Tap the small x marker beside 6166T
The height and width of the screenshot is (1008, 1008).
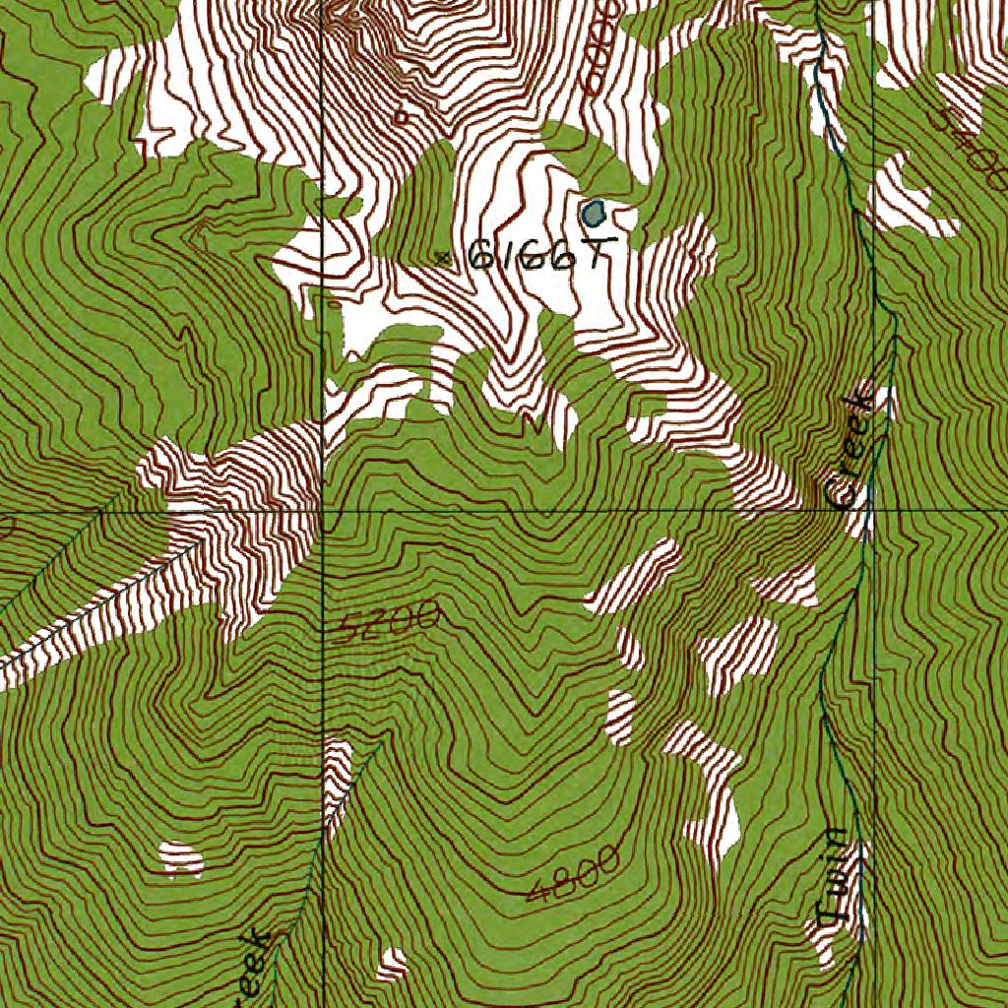coord(443,258)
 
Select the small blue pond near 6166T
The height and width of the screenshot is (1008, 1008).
coord(594,212)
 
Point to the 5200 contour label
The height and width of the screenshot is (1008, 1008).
coord(384,621)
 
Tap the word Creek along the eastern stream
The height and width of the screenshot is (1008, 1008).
coord(850,450)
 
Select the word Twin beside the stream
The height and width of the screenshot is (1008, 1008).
coord(835,880)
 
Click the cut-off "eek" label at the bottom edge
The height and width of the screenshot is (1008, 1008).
coord(253,970)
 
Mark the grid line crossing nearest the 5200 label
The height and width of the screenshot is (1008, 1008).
coord(324,512)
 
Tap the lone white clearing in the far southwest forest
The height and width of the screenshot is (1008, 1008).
coord(181,858)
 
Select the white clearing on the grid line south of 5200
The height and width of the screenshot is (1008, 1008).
coord(336,778)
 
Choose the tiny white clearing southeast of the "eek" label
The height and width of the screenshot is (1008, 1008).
coord(392,964)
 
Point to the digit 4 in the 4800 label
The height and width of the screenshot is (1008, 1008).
coord(536,892)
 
